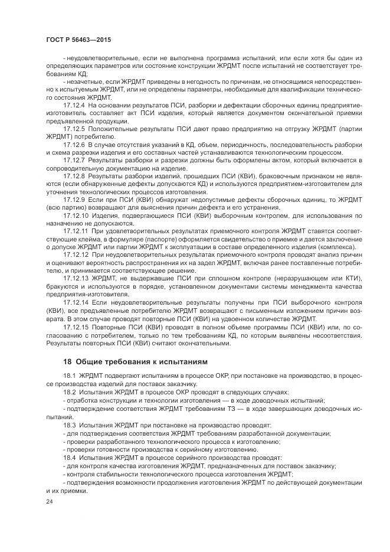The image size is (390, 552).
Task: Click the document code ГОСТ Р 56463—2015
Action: pos(78,38)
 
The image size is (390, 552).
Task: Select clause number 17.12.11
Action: pos(75,231)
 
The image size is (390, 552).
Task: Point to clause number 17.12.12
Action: pos(75,255)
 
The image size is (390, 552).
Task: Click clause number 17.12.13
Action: pos(75,279)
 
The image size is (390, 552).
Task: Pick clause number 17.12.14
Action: pos(75,302)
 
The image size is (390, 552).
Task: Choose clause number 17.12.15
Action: pos(75,326)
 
